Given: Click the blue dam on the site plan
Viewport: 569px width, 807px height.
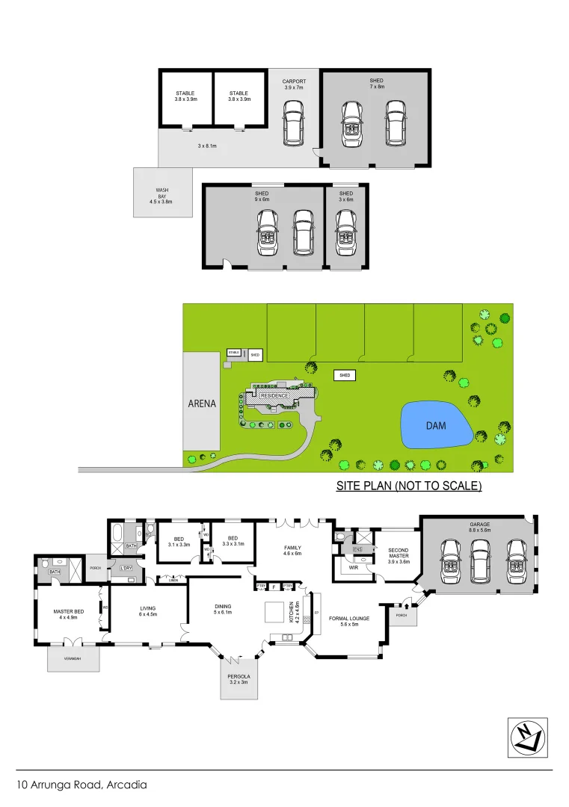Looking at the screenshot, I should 437,425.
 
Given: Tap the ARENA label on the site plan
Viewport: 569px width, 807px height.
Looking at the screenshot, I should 202,403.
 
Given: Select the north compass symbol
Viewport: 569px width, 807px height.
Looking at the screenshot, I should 527,738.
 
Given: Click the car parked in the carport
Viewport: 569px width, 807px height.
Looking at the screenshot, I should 293,124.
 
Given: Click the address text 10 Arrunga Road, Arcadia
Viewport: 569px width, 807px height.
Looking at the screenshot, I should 81,785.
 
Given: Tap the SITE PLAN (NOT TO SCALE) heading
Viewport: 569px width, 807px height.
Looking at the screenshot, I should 409,486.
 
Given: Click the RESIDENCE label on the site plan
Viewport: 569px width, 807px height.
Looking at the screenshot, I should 274,395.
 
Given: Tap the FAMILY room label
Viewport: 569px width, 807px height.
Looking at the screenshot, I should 292,549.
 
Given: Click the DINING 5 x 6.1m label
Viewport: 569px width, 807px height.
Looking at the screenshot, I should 222,609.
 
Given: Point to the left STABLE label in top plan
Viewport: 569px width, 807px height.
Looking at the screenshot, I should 185,96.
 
